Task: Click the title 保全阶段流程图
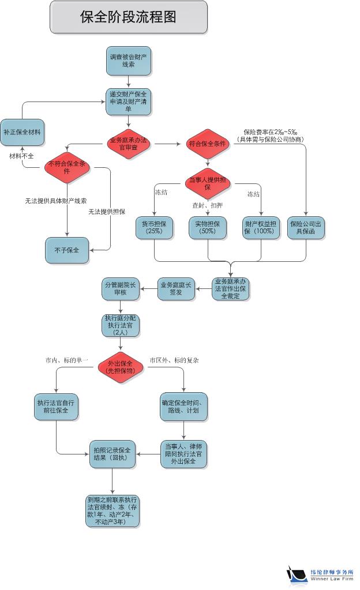click(128, 17)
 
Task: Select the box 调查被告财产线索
click(128, 61)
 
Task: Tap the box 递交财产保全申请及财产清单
click(128, 102)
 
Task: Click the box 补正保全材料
click(22, 132)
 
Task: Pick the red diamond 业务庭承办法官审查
click(128, 144)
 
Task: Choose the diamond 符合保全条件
click(208, 144)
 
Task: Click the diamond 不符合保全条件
click(67, 168)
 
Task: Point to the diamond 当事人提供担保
click(208, 184)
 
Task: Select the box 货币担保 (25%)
click(154, 227)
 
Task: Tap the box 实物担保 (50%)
click(208, 227)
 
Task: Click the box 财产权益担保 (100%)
click(261, 227)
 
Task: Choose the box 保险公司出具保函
click(306, 227)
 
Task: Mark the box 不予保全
click(67, 250)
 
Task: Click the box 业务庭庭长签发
click(177, 288)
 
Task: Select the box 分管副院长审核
click(121, 288)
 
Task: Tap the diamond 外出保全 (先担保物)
click(121, 367)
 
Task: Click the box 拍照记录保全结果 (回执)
click(112, 454)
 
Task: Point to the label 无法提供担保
click(107, 212)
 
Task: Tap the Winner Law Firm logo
click(320, 574)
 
